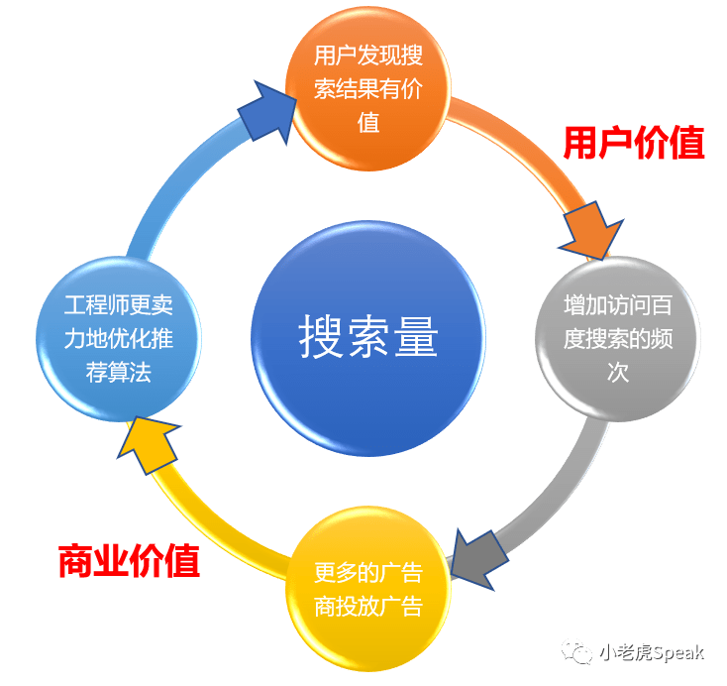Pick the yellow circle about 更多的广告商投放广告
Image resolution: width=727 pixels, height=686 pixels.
pos(367,589)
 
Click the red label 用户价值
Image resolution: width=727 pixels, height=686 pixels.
pos(633,144)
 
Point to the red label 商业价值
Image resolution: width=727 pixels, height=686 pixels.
pos(129,561)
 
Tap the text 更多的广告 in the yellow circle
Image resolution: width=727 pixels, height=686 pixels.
pos(367,572)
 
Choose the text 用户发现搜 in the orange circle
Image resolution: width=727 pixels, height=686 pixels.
pos(367,57)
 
